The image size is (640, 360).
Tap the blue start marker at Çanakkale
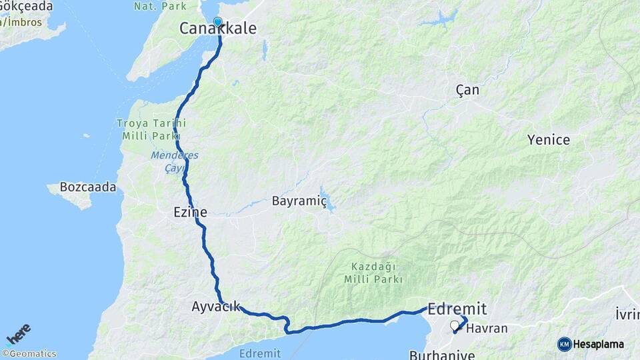click(x=217, y=22)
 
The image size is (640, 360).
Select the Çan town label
click(x=467, y=90)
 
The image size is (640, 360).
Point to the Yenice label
click(x=549, y=140)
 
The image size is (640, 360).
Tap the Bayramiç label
click(x=299, y=201)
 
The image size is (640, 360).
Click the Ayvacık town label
click(x=215, y=307)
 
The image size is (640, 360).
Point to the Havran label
click(x=487, y=328)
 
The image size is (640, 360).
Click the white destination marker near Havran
click(x=455, y=326)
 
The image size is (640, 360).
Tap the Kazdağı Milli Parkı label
click(x=375, y=273)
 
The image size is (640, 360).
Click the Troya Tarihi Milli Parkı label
click(x=151, y=129)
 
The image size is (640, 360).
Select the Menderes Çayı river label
click(x=174, y=161)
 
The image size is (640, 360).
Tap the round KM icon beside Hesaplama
click(x=565, y=344)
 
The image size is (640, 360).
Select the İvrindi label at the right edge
click(x=627, y=313)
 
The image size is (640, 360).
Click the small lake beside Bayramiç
click(x=325, y=197)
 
